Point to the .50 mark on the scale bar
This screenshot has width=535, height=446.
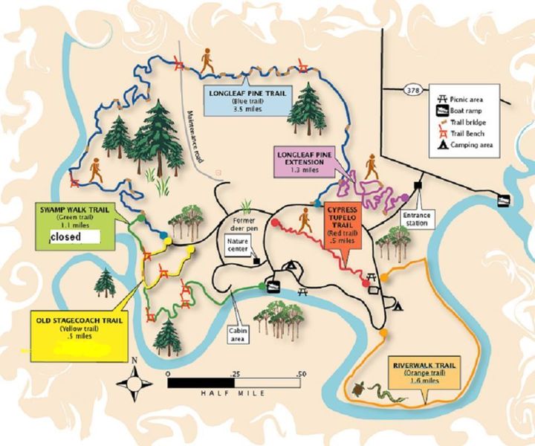pyautogui.click(x=301, y=373)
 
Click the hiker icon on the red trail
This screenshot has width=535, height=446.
pyautogui.click(x=304, y=218)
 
